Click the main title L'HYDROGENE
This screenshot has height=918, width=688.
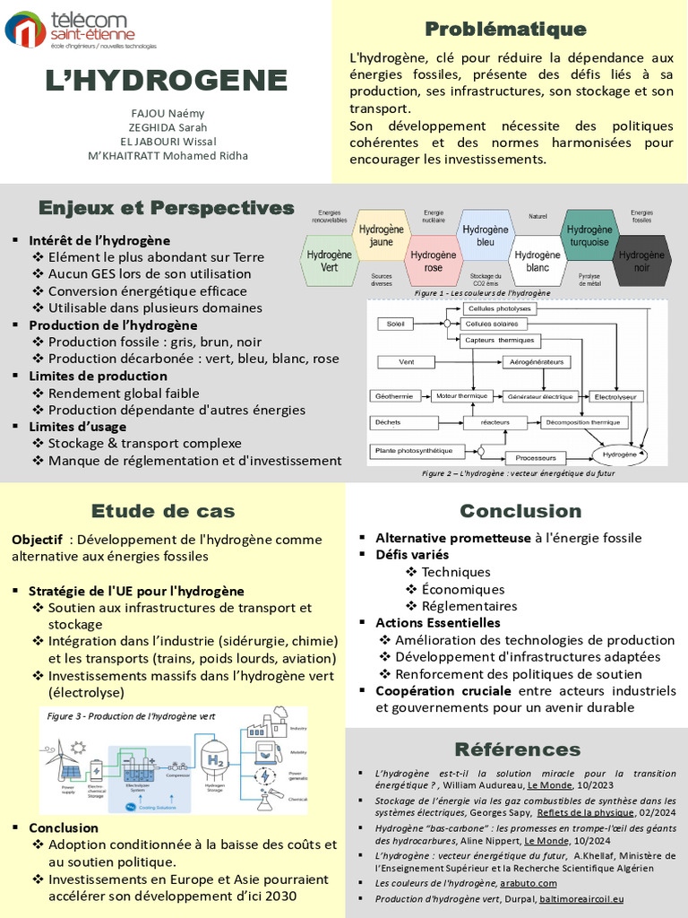pyautogui.click(x=167, y=81)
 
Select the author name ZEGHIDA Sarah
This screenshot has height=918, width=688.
pyautogui.click(x=168, y=126)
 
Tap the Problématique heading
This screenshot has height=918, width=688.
pyautogui.click(x=505, y=30)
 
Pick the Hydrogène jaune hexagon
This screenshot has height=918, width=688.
pyautogui.click(x=382, y=236)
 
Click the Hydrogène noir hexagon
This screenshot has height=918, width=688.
pyautogui.click(x=642, y=261)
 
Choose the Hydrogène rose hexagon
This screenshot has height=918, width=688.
pyautogui.click(x=434, y=261)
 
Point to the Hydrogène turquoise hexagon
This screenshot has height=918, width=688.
pyautogui.click(x=589, y=236)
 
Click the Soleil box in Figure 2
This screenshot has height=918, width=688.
pyautogui.click(x=391, y=324)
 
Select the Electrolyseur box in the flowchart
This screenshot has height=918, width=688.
pyautogui.click(x=615, y=396)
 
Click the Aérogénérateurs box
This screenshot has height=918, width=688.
pyautogui.click(x=537, y=362)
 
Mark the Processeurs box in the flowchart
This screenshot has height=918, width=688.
pyautogui.click(x=536, y=458)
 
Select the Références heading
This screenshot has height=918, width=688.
pyautogui.click(x=517, y=749)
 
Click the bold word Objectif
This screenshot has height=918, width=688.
pyautogui.click(x=37, y=540)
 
